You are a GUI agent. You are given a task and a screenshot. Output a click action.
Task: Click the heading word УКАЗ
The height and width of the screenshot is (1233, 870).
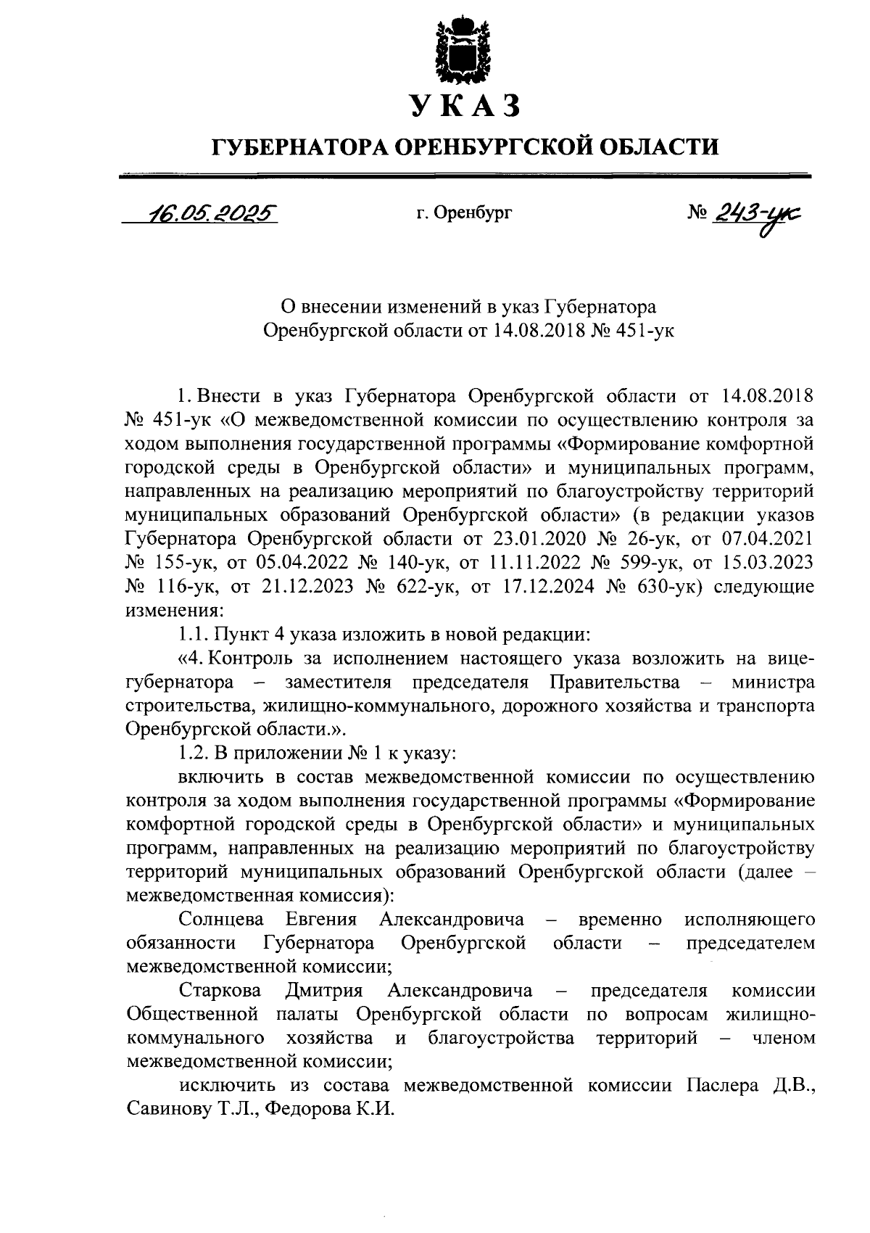click(464, 106)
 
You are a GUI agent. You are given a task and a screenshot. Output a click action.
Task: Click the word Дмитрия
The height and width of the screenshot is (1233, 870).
click(323, 990)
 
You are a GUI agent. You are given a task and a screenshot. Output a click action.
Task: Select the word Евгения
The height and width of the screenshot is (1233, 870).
click(321, 920)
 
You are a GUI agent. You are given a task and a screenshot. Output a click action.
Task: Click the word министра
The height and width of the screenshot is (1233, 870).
click(773, 683)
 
